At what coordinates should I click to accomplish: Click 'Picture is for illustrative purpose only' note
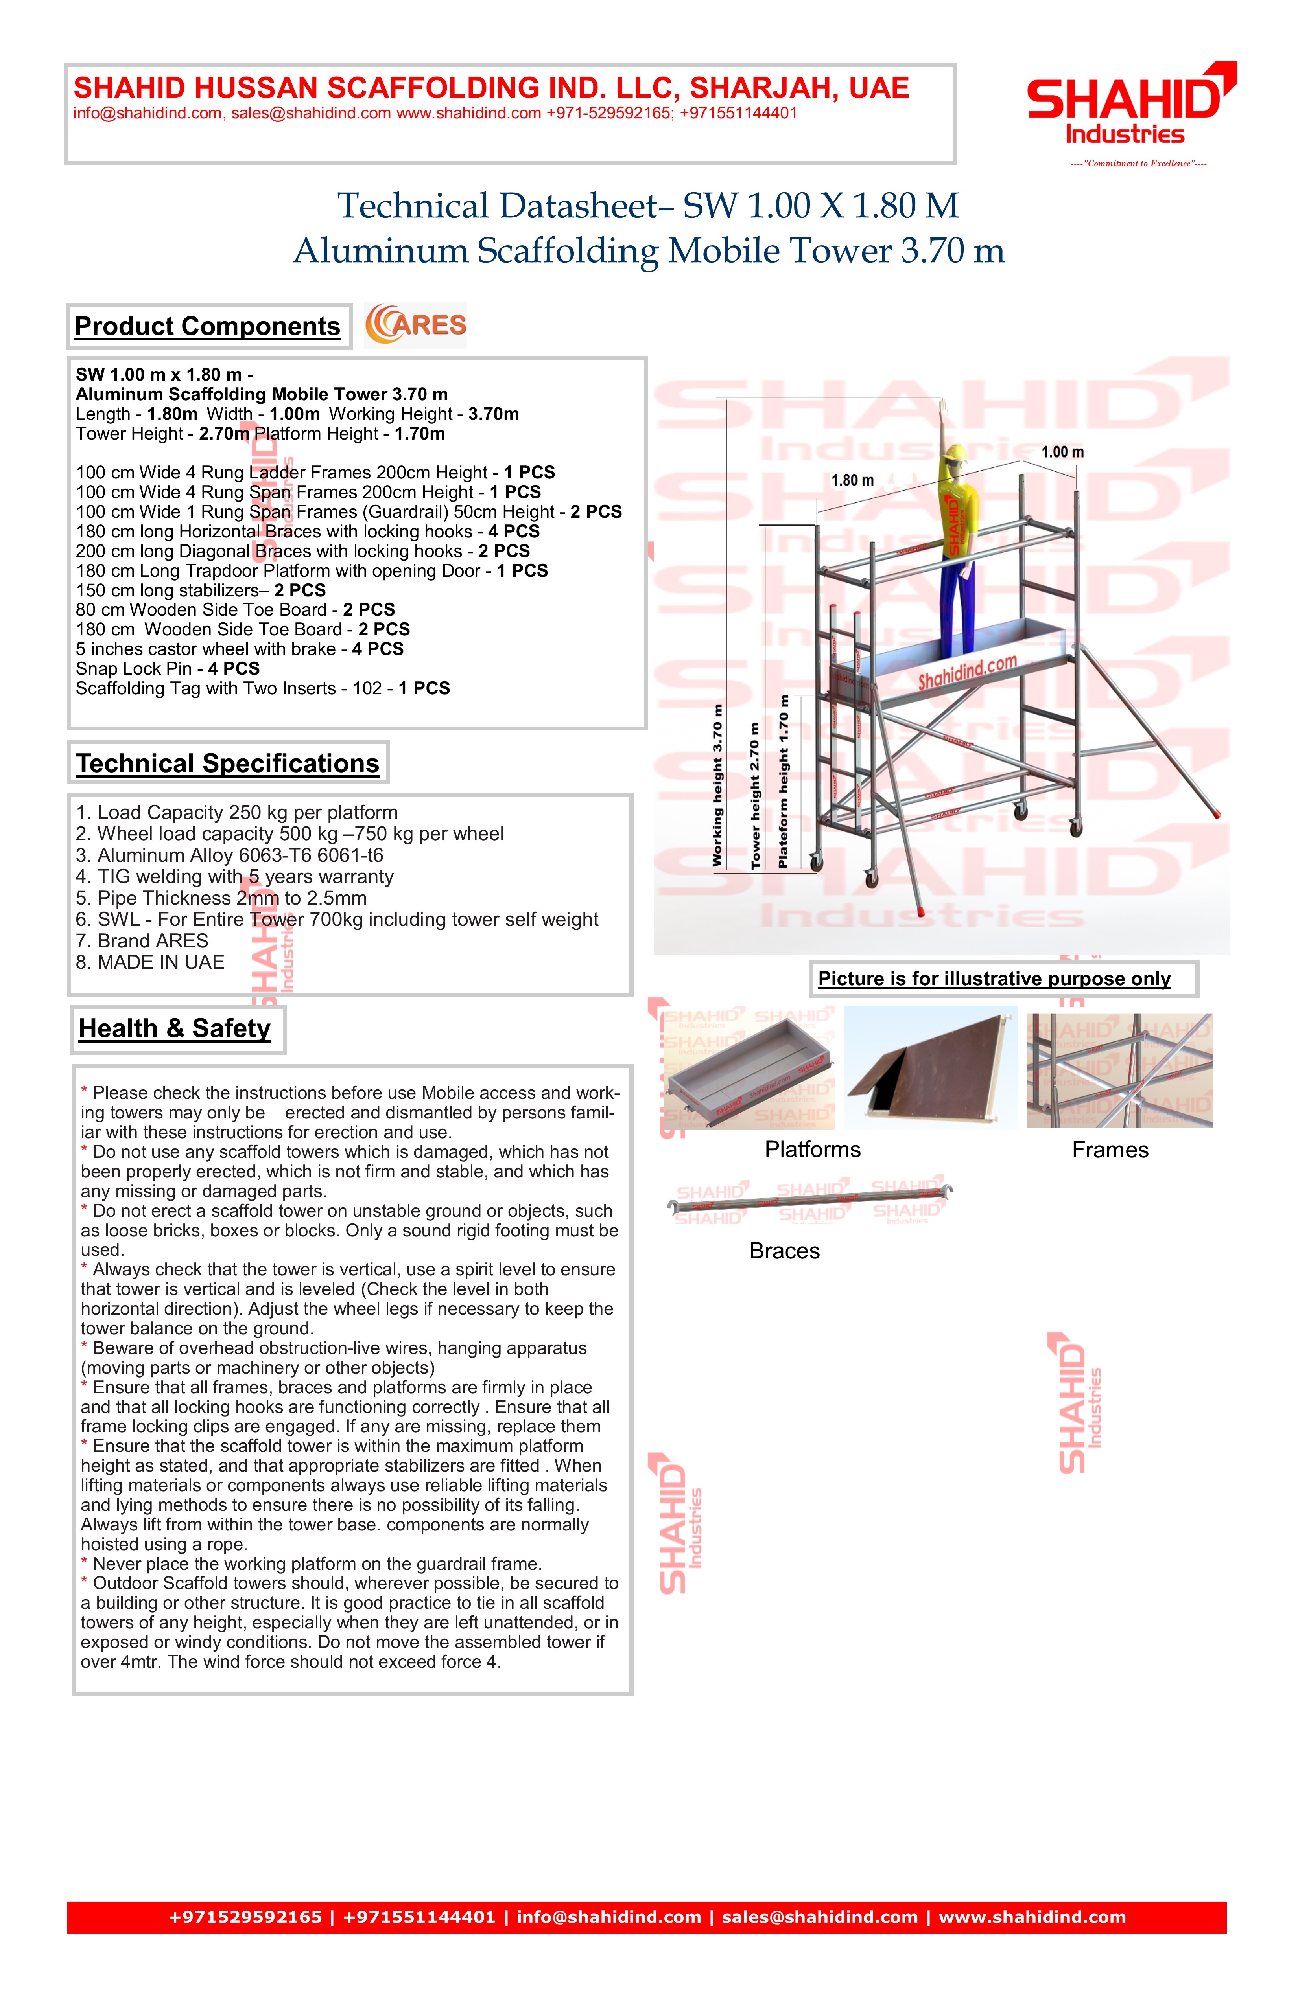[995, 979]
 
